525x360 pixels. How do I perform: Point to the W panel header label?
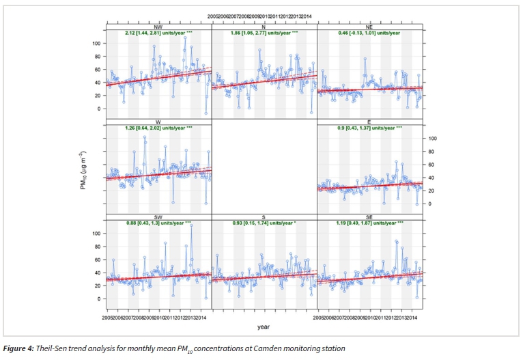(x=158, y=122)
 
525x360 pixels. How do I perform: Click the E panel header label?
(x=370, y=122)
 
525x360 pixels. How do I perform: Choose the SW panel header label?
(x=158, y=217)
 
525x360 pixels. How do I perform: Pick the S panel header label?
(x=264, y=217)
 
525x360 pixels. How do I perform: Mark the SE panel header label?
(x=370, y=217)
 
